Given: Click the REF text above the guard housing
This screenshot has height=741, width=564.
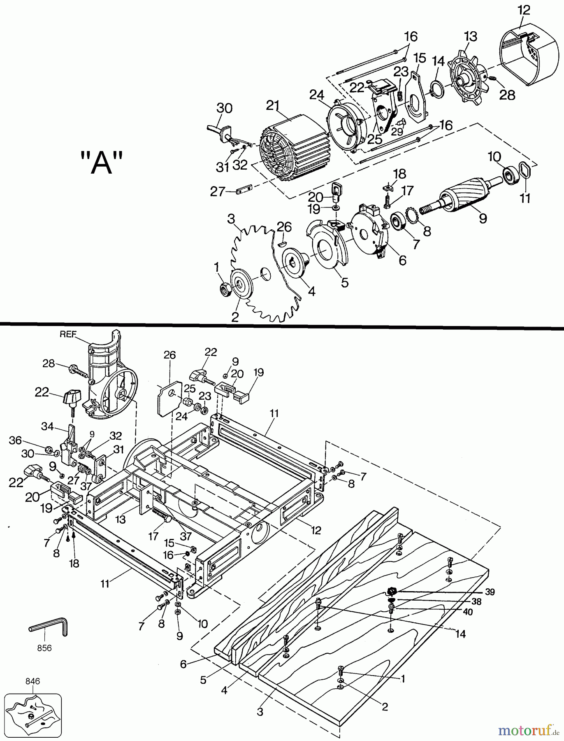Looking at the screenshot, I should click(68, 334).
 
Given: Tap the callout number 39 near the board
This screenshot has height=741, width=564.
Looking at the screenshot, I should click(490, 592).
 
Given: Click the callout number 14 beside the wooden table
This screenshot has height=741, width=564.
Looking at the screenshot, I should click(461, 634).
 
